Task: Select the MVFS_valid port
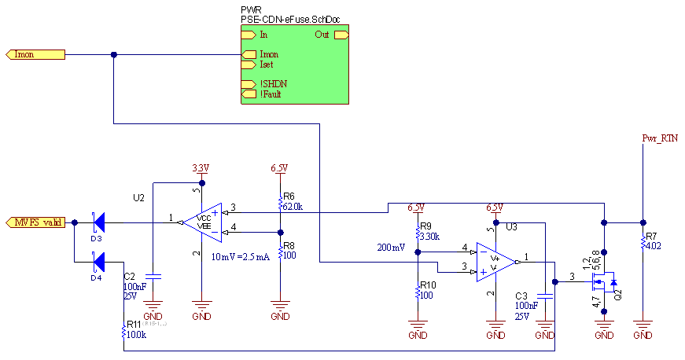click(x=35, y=222)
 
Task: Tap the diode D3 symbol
click(x=98, y=222)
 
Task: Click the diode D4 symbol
click(x=98, y=261)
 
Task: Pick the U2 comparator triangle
click(x=200, y=222)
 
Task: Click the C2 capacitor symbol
click(x=153, y=277)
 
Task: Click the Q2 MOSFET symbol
click(x=605, y=281)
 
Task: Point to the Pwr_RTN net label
click(x=659, y=138)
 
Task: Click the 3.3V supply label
click(x=201, y=168)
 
